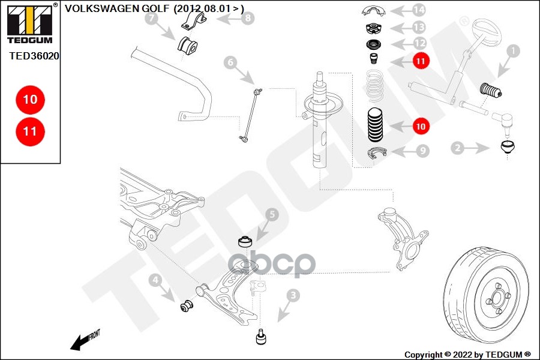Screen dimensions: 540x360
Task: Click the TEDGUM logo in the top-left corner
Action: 30,23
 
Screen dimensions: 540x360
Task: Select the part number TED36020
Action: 34,56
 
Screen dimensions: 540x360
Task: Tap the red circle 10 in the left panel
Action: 31,100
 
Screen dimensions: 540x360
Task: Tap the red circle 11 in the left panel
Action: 31,131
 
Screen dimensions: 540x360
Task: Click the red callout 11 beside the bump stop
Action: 421,61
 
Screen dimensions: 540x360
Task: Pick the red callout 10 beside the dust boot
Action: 421,127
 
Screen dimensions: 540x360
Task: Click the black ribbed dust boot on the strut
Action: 376,125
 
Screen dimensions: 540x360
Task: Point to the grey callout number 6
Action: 230,62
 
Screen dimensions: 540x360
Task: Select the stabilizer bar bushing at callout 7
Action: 187,45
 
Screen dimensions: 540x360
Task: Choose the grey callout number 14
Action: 419,10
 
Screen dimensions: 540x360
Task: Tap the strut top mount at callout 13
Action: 373,28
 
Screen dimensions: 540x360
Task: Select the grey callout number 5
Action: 272,215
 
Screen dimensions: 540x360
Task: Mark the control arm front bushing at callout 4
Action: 187,305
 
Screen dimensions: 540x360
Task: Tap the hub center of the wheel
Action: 497,298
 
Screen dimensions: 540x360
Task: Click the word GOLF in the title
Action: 157,8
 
